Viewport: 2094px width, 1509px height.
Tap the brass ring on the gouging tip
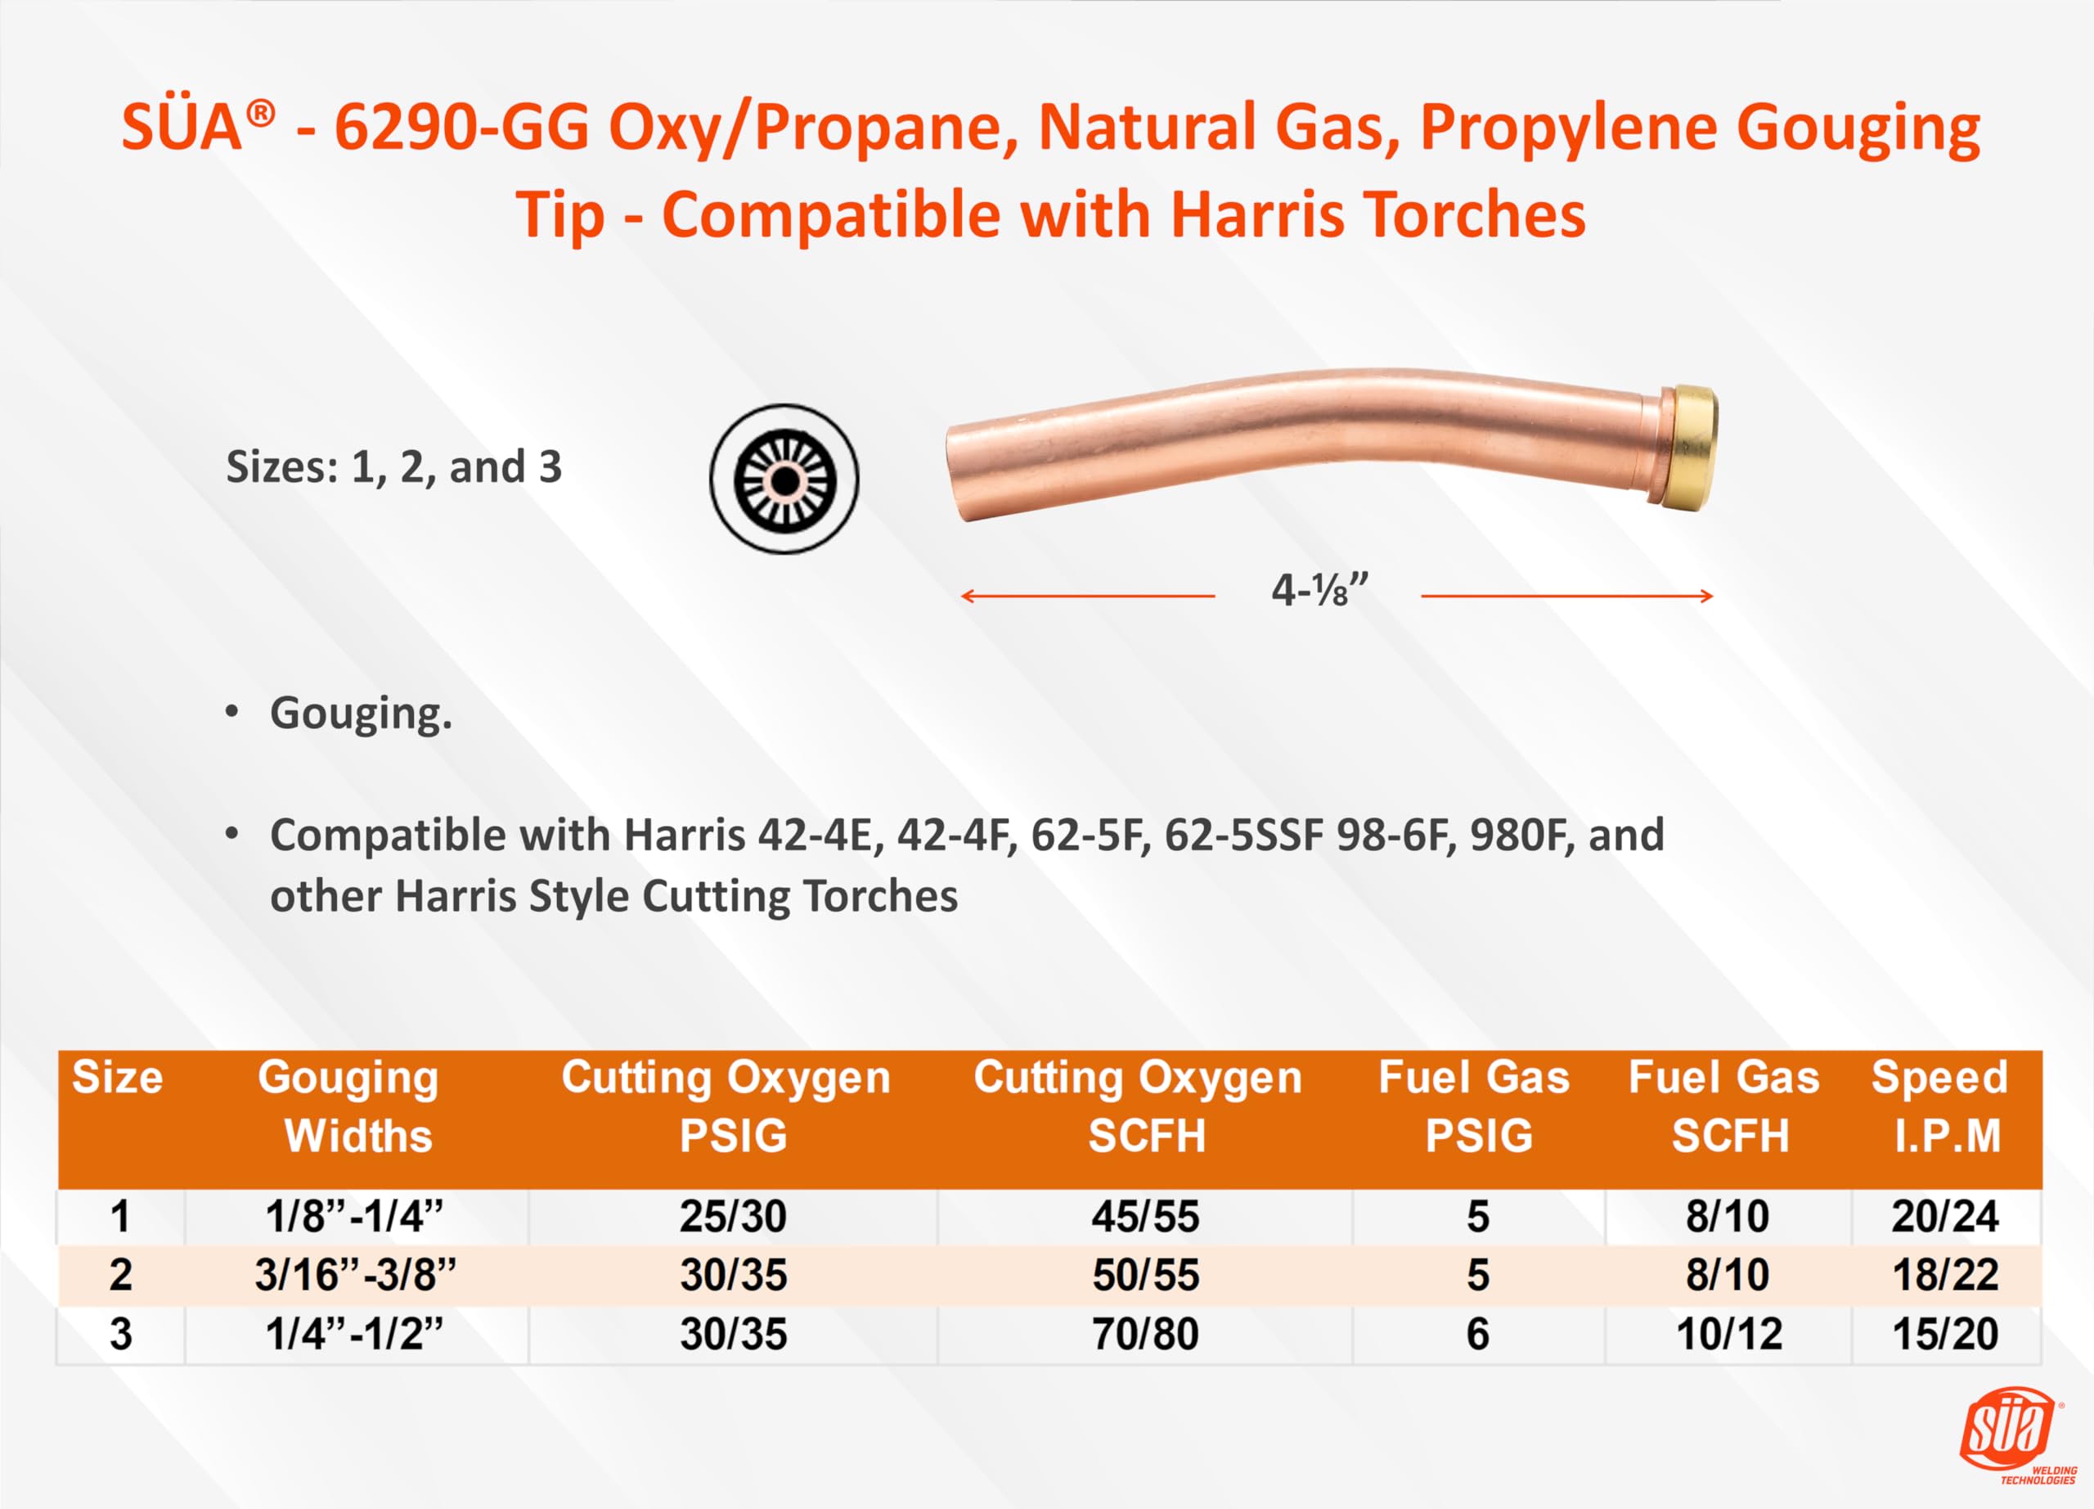1687,448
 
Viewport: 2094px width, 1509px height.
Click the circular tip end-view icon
784,480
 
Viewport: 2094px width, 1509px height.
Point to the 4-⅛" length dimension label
1319,590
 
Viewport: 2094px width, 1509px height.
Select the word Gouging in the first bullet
360,713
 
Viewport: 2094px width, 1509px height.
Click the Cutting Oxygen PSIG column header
726,1106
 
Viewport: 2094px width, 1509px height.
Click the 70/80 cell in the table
1145,1335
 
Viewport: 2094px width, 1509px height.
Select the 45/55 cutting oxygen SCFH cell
1145,1216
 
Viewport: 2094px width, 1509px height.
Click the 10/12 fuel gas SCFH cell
1729,1335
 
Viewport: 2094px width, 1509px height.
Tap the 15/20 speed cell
1945,1335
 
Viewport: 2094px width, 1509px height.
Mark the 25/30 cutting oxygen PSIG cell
733,1216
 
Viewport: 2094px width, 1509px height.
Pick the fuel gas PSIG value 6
1477,1335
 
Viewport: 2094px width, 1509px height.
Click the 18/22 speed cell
1945,1275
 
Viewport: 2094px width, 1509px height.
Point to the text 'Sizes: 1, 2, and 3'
394,467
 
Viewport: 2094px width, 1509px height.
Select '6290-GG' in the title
461,128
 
